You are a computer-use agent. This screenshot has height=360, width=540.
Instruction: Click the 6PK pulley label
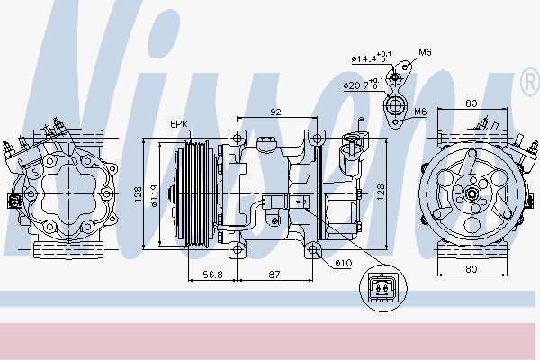179,124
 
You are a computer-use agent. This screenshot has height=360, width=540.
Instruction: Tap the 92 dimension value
275,112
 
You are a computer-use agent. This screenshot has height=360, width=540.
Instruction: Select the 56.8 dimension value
212,274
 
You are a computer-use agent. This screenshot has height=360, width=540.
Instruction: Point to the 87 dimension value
274,274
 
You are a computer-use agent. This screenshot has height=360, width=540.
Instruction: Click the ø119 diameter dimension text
154,196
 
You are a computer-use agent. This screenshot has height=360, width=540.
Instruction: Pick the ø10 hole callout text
344,263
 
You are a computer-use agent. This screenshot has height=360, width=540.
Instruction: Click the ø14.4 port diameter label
371,58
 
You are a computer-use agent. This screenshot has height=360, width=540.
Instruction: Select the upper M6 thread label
425,52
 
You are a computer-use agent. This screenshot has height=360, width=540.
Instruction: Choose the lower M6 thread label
420,112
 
